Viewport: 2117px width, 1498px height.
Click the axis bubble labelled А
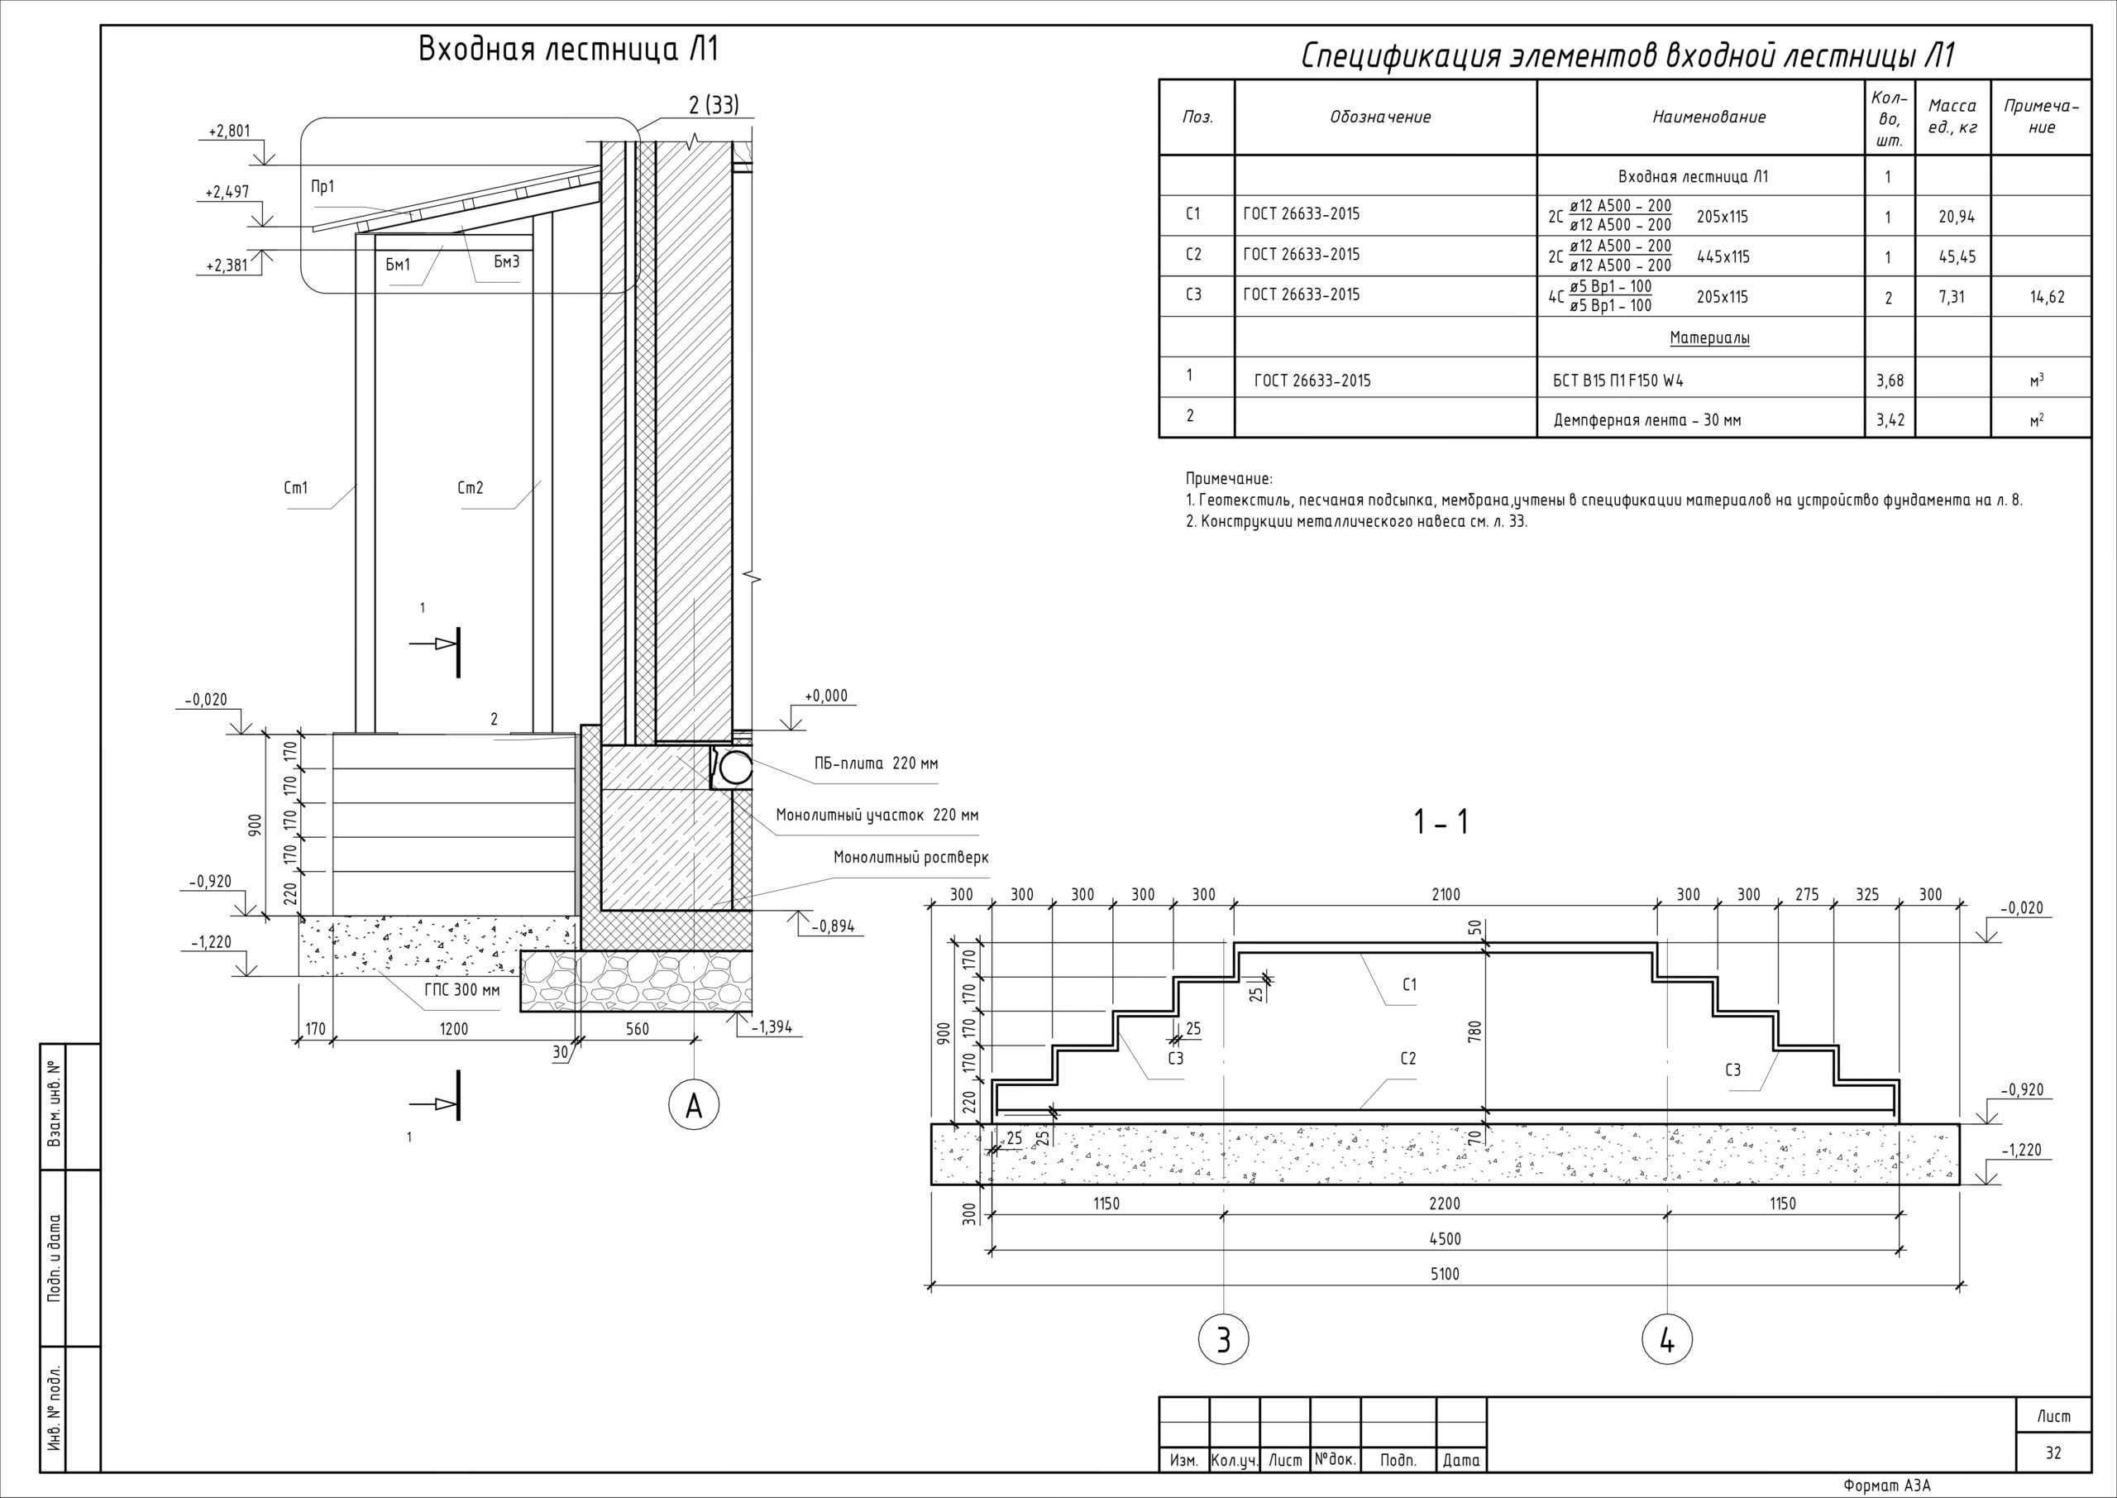[695, 1105]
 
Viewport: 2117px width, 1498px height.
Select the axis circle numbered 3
[1224, 1339]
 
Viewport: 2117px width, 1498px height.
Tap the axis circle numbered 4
[1667, 1339]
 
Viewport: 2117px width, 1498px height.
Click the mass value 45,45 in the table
[1957, 257]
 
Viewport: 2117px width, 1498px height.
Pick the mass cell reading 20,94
[1957, 218]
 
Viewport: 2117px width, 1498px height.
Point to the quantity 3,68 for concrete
[1890, 380]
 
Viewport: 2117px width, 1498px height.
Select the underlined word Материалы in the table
[1709, 338]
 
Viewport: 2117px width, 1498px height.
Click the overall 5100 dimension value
[1445, 1274]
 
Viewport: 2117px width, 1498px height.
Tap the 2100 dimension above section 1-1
[1446, 895]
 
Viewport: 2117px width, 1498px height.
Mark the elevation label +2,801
[230, 132]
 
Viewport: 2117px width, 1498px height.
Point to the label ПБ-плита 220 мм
[875, 763]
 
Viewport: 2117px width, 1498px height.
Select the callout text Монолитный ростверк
[911, 858]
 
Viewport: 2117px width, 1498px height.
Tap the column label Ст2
[471, 488]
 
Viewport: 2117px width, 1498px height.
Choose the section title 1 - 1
[1441, 822]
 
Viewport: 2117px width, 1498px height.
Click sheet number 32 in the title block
[2053, 1453]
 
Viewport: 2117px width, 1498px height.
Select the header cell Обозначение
[1380, 117]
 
